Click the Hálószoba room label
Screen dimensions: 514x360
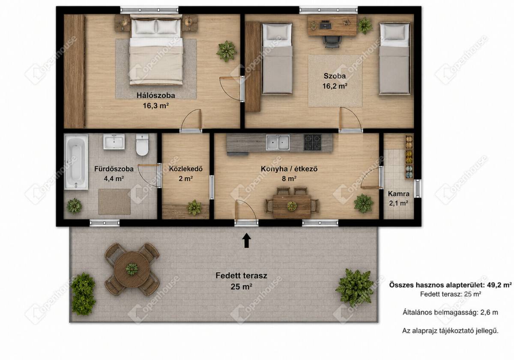click(x=156, y=95)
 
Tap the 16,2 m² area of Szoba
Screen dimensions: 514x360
click(x=335, y=86)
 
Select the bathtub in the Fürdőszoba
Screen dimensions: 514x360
click(x=76, y=162)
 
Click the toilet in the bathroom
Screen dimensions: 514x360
click(x=142, y=145)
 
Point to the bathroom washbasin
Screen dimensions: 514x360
click(x=114, y=142)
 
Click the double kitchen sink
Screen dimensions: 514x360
click(x=278, y=142)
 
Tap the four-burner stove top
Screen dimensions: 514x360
click(x=313, y=142)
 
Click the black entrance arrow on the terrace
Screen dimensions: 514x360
click(x=247, y=240)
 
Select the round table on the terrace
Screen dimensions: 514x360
click(x=132, y=269)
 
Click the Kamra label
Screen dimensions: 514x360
click(x=399, y=194)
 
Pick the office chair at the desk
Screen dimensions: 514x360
click(x=331, y=42)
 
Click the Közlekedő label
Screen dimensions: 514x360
click(x=185, y=169)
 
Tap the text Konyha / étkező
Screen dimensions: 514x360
click(x=289, y=169)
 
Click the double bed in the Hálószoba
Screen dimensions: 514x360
click(x=156, y=50)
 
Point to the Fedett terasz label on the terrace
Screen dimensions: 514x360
click(x=242, y=276)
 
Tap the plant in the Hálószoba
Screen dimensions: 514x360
click(x=227, y=51)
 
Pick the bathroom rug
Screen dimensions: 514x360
click(x=114, y=202)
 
